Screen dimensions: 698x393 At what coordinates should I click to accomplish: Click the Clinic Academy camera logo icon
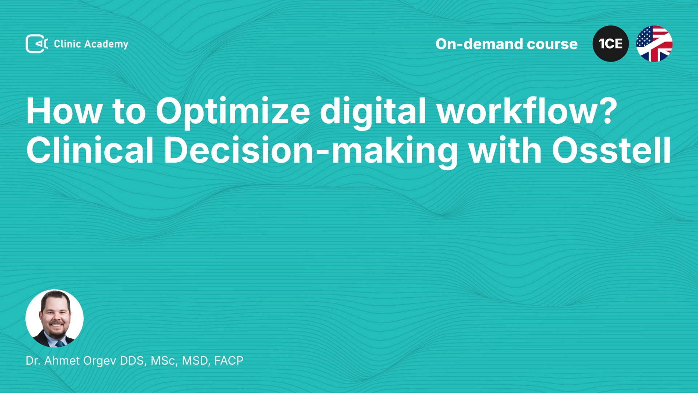click(37, 44)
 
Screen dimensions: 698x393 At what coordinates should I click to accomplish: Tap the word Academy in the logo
click(106, 44)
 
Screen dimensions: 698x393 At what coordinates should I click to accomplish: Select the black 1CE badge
click(611, 44)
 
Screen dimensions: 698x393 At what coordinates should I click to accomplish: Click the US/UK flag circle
click(654, 44)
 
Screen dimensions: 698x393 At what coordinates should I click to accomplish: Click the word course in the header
click(552, 44)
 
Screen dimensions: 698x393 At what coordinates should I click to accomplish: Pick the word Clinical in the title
click(90, 150)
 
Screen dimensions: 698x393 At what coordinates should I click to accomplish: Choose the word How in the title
click(64, 111)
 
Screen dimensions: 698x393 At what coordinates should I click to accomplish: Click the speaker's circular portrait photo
click(55, 318)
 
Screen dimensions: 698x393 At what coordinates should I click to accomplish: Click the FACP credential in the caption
click(229, 361)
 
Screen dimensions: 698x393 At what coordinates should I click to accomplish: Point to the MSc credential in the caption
click(164, 361)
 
